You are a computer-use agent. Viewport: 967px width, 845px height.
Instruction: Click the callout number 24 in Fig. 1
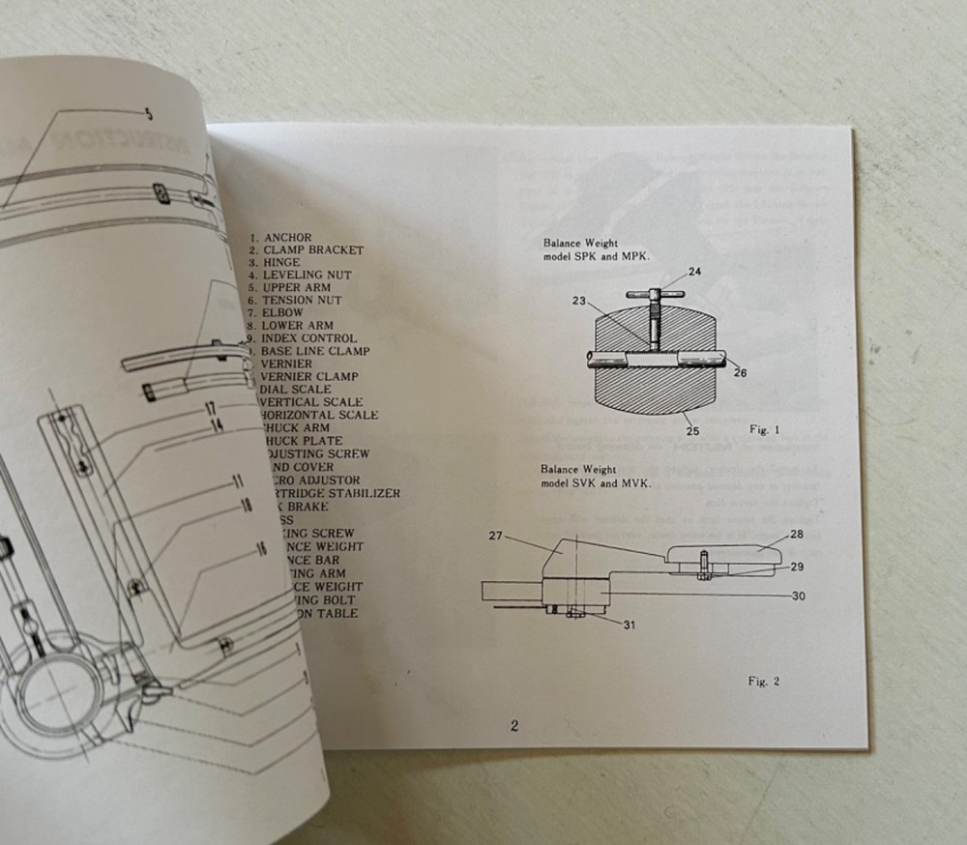point(694,272)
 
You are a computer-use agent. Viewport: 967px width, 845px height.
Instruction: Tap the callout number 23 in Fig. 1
point(579,301)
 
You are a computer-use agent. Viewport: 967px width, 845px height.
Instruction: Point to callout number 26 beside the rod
point(739,371)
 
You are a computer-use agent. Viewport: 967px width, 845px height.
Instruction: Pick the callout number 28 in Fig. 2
point(797,533)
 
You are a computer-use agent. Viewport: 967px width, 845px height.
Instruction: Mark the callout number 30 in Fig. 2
point(798,597)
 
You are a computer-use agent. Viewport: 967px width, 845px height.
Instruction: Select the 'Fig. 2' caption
point(764,681)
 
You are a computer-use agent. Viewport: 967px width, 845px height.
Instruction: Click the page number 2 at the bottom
point(514,726)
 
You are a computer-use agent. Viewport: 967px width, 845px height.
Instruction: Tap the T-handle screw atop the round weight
point(655,293)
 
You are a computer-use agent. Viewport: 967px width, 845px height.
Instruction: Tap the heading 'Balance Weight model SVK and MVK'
point(596,476)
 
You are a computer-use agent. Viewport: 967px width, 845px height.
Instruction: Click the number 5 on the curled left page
point(148,114)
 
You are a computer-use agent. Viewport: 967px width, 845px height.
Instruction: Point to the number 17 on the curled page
point(209,410)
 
